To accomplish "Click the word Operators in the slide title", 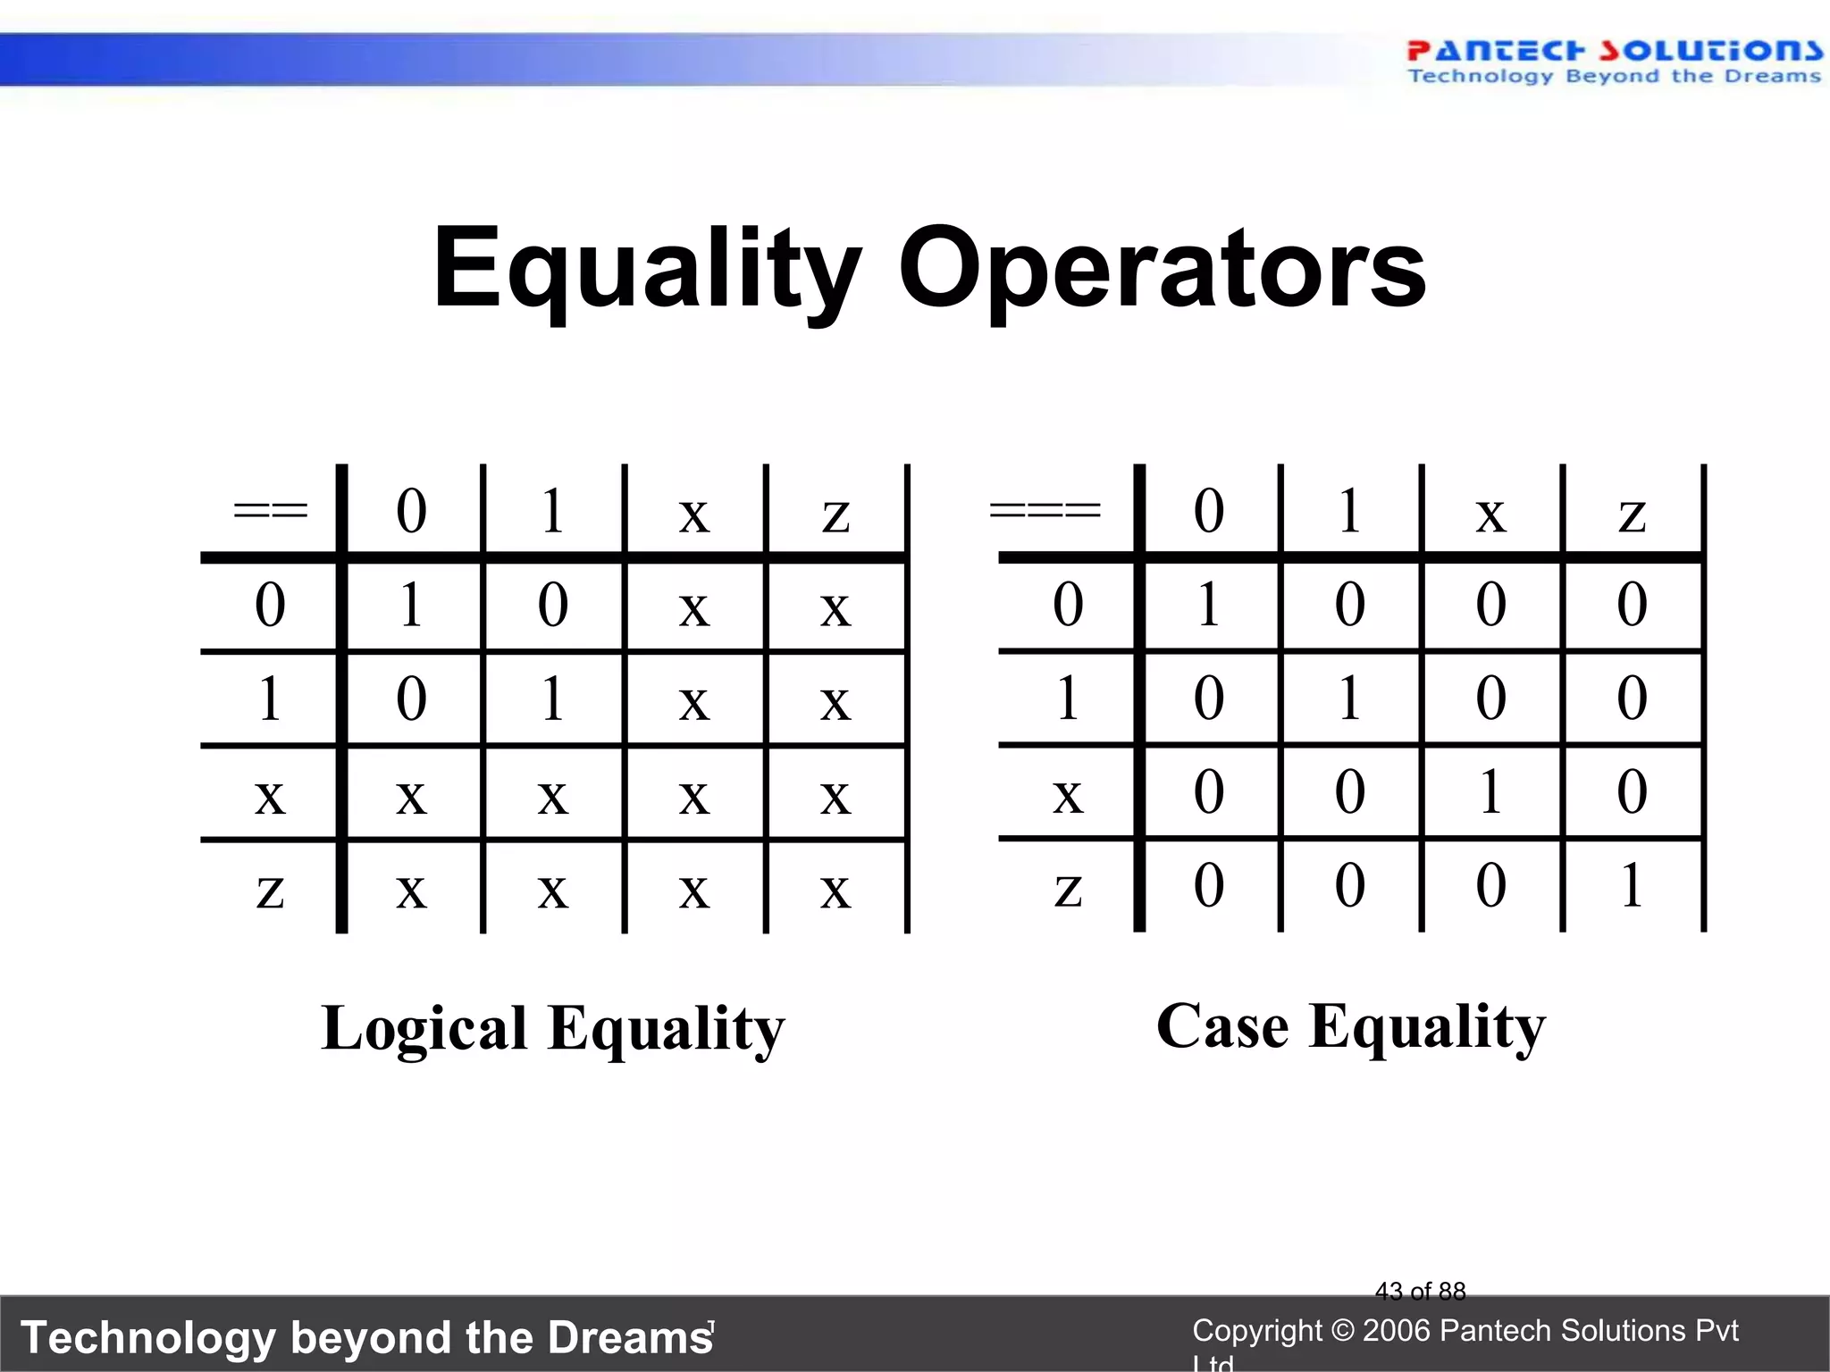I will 1162,269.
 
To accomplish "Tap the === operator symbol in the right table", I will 1045,512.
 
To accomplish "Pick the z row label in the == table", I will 270,890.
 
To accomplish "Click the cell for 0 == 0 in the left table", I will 411,606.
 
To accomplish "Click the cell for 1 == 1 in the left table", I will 553,699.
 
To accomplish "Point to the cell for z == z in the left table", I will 835,890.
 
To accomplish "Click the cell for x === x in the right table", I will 1490,792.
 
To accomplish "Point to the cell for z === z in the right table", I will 1632,886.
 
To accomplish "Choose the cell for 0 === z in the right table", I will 1632,606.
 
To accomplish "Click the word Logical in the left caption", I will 424,1029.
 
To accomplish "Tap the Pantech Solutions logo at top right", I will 1614,61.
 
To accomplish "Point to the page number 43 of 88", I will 1420,1291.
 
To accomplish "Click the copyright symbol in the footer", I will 1342,1331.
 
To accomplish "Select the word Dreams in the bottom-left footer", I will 630,1338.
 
